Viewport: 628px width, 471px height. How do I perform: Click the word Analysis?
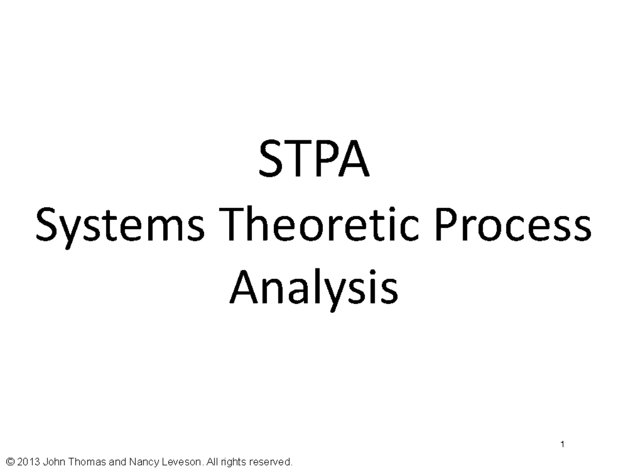pos(313,289)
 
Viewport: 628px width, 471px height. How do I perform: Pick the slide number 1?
pos(562,445)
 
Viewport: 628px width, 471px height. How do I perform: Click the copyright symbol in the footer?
pos(9,462)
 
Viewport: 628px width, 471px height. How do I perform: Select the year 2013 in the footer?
pos(28,462)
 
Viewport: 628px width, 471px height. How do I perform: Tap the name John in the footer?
pos(54,462)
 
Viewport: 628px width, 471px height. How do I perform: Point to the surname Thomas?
pos(86,462)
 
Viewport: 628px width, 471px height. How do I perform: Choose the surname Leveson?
pos(181,462)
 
